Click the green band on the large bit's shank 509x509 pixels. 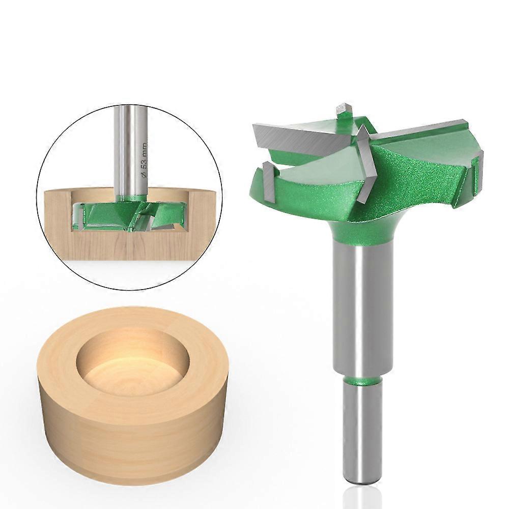pyautogui.click(x=362, y=380)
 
